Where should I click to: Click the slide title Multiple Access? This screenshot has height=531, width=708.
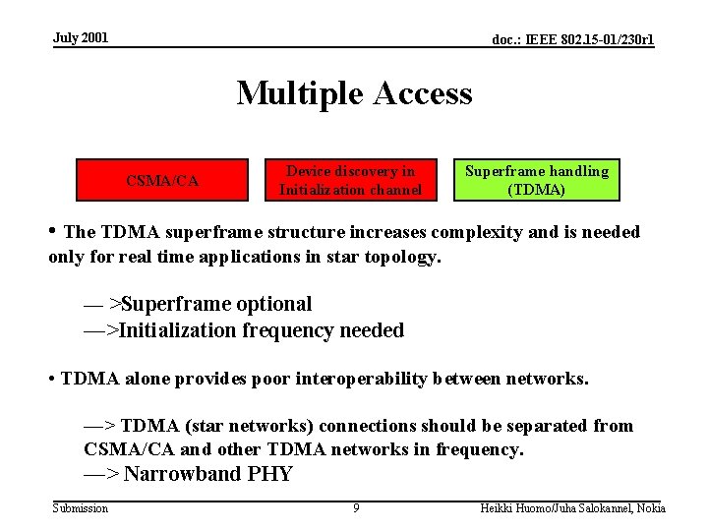pyautogui.click(x=354, y=93)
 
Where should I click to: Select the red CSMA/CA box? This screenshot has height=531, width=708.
pyautogui.click(x=163, y=180)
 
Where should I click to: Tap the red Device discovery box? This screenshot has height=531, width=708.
pyautogui.click(x=350, y=180)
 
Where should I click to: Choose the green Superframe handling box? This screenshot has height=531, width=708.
pyautogui.click(x=536, y=180)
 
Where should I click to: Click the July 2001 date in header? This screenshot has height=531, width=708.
pyautogui.click(x=81, y=38)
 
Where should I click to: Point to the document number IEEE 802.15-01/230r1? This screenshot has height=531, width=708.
pyautogui.click(x=572, y=40)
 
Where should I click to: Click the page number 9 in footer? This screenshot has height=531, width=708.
pyautogui.click(x=356, y=508)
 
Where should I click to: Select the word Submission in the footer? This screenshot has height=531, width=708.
pyautogui.click(x=81, y=508)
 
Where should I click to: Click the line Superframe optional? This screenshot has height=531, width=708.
pyautogui.click(x=211, y=305)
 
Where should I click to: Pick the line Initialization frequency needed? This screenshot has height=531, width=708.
pyautogui.click(x=261, y=330)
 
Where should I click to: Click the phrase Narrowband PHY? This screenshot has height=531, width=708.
pyautogui.click(x=208, y=474)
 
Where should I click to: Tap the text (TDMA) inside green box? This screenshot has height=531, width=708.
pyautogui.click(x=536, y=190)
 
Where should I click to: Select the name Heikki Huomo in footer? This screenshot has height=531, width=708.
pyautogui.click(x=511, y=508)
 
